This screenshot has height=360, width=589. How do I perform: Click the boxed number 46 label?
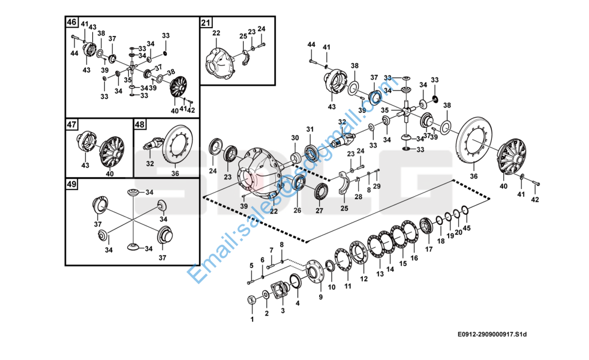click(x=71, y=22)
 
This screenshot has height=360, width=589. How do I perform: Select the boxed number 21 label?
click(x=206, y=23)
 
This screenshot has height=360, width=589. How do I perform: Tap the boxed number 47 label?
click(x=71, y=125)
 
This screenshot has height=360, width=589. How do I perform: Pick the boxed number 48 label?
click(x=139, y=125)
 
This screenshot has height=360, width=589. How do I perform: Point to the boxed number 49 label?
click(x=71, y=184)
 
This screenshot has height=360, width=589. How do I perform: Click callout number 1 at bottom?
click(x=252, y=319)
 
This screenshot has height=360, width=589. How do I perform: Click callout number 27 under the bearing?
click(x=318, y=211)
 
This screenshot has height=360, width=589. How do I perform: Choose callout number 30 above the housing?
click(x=294, y=138)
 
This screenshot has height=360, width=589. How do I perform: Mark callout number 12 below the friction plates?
click(x=363, y=279)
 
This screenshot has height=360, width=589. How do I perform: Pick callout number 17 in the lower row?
click(x=429, y=248)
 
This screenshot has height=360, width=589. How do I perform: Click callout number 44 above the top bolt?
click(x=311, y=46)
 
